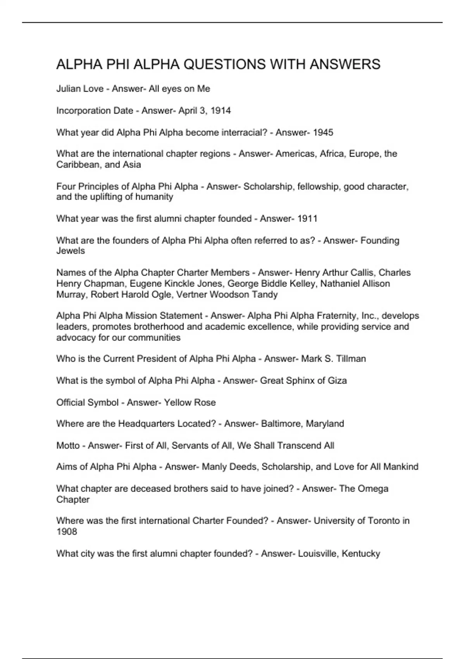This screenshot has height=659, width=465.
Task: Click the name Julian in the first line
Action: coord(68,89)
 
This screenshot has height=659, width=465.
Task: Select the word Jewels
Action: coord(71,251)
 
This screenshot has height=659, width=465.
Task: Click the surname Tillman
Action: coord(351,359)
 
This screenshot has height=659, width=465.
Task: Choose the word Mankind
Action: coord(401,467)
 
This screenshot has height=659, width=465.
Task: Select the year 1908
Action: coord(67,532)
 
